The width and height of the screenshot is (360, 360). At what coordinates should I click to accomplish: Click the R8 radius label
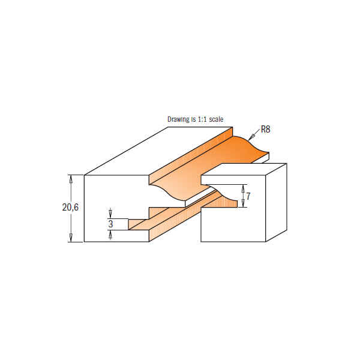pos(266,129)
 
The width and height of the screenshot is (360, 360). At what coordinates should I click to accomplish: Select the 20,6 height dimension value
pos(70,207)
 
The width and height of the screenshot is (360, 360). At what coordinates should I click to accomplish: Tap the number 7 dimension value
pos(248,196)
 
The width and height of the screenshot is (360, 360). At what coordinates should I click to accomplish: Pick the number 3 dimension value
pos(110,224)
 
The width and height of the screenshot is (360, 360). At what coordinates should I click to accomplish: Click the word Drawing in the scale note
pos(178,119)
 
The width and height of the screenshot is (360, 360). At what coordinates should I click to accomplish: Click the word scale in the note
pos(217,119)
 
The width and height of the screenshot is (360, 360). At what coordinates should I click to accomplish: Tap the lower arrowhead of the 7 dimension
pos(243,205)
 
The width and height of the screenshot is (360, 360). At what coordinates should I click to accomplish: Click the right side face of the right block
pos(277,201)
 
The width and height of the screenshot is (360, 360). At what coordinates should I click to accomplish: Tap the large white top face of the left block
pos(150,153)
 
